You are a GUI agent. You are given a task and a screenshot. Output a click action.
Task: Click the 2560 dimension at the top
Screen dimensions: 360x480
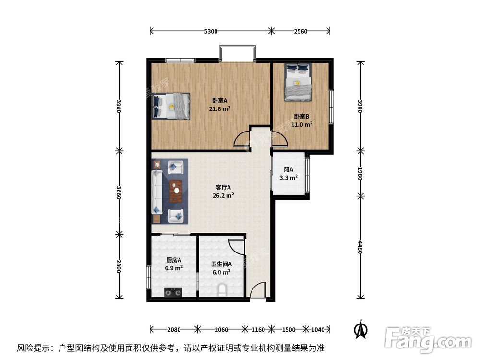click(300, 31)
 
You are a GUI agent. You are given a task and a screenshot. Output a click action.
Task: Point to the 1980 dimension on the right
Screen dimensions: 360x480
click(360, 172)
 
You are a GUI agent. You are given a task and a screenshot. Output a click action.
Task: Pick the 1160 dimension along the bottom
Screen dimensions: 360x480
click(259, 330)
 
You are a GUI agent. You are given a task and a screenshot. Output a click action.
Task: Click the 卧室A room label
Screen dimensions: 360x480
click(219, 101)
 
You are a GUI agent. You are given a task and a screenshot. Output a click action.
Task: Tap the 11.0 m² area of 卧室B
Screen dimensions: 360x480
click(303, 124)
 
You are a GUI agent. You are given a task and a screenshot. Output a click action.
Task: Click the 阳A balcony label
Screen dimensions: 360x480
click(288, 170)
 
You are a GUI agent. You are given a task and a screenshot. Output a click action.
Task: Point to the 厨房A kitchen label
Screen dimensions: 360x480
click(174, 260)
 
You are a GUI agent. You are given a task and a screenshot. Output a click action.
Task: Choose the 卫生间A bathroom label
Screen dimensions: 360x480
click(222, 264)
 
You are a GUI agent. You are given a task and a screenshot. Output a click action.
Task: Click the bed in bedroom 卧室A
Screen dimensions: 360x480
click(171, 106)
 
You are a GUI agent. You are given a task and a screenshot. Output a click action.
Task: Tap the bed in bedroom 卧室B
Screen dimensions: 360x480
click(298, 83)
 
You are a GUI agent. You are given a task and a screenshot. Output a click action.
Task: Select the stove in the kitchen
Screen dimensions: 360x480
click(173, 291)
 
